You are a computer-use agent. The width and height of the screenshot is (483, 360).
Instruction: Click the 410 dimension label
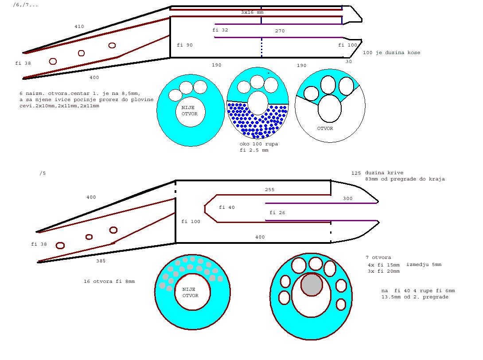(x=79, y=27)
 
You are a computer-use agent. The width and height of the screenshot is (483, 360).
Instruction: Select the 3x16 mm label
(x=252, y=12)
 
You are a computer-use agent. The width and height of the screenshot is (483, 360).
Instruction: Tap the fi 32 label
(x=220, y=30)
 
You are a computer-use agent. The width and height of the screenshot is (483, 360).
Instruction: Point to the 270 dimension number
(x=280, y=31)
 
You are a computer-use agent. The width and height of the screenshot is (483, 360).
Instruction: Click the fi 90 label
(x=185, y=45)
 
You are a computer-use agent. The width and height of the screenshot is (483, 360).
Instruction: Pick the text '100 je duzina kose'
(x=392, y=53)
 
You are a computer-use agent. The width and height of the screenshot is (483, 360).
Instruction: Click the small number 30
(x=349, y=62)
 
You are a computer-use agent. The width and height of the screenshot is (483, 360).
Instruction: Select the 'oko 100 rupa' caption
(x=259, y=144)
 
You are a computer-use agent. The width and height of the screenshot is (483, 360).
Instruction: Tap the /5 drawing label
(x=43, y=173)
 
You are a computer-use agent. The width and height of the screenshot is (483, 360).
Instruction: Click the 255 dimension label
(x=270, y=190)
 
